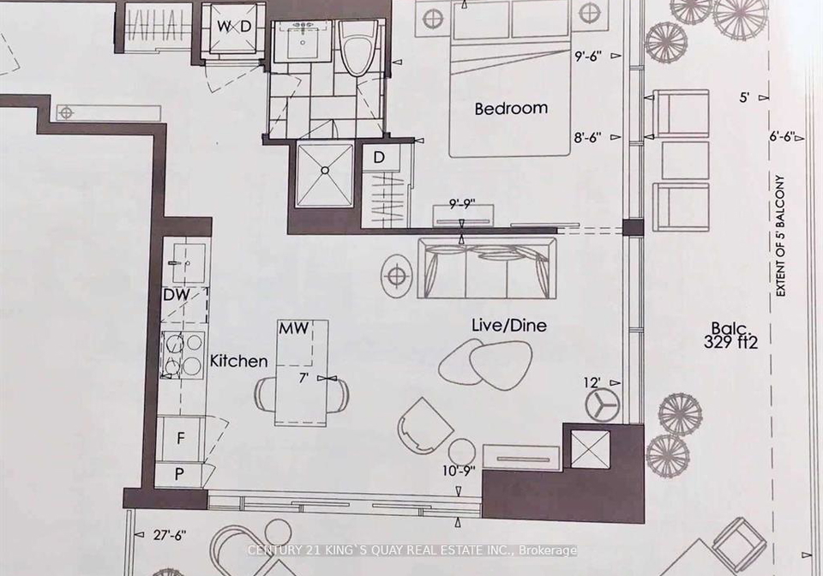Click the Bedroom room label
(511, 108)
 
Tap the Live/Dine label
(508, 325)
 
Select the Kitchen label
(238, 361)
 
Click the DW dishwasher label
(177, 295)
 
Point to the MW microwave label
(293, 328)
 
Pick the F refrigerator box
(181, 438)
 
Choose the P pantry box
(179, 475)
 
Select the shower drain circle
(325, 171)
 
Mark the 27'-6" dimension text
(170, 535)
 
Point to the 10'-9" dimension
(458, 471)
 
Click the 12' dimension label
(592, 382)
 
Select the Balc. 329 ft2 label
(731, 336)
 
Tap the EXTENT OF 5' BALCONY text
(780, 236)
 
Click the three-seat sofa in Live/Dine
(487, 268)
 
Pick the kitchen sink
(184, 262)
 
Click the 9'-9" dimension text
(462, 203)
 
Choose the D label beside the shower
(378, 157)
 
